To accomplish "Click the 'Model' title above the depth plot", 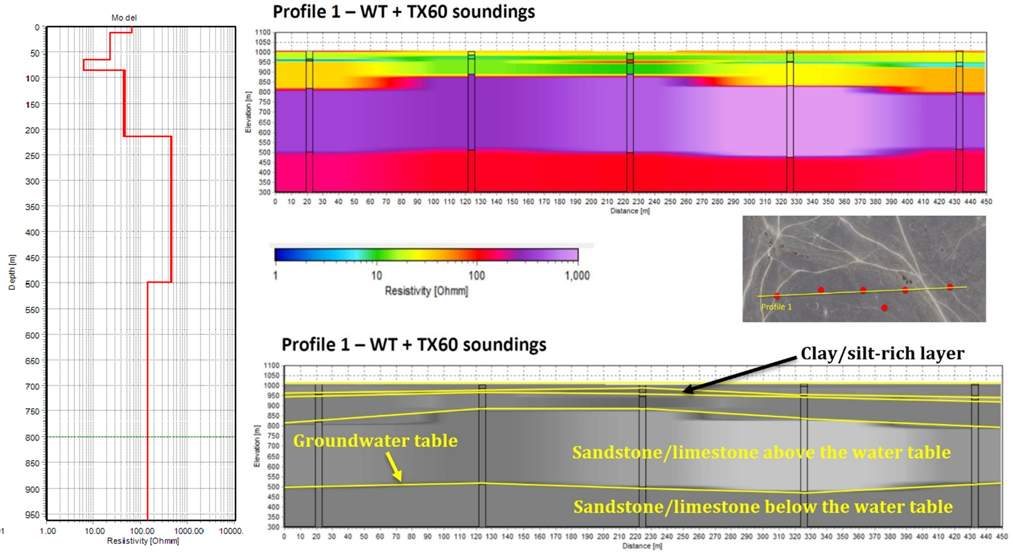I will (x=124, y=18).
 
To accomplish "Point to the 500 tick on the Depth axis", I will (x=32, y=284).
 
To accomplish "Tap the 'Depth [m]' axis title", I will (x=12, y=273).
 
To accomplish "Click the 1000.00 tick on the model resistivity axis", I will (x=189, y=531).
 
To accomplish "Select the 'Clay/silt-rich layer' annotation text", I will (x=882, y=353).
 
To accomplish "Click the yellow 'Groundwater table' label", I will (x=375, y=440).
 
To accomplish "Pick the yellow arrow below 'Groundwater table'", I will (x=394, y=467).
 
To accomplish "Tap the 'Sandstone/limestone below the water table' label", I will (x=763, y=507).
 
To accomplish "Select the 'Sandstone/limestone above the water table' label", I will (x=761, y=452).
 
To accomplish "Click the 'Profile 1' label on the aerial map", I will (x=776, y=307).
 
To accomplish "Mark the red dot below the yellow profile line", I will (x=884, y=307).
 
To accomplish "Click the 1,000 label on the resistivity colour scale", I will (x=577, y=276).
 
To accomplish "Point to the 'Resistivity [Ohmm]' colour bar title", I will (x=426, y=291).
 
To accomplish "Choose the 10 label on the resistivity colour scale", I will (x=376, y=276).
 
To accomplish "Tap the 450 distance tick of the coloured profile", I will (x=986, y=201).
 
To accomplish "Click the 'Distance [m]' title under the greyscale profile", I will (x=642, y=546).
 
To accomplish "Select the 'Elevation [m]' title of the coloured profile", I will (x=248, y=112).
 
